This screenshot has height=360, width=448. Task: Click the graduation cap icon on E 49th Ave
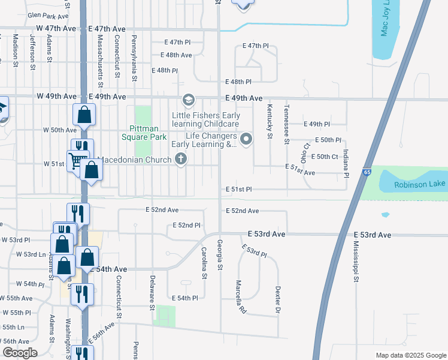189,100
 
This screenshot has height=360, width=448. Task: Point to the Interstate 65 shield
365,172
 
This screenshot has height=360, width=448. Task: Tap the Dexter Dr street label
278,299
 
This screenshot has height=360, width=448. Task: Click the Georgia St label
220,254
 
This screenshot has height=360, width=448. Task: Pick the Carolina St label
204,263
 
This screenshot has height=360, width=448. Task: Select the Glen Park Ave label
49,16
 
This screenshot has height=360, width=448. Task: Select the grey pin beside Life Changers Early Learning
246,139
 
